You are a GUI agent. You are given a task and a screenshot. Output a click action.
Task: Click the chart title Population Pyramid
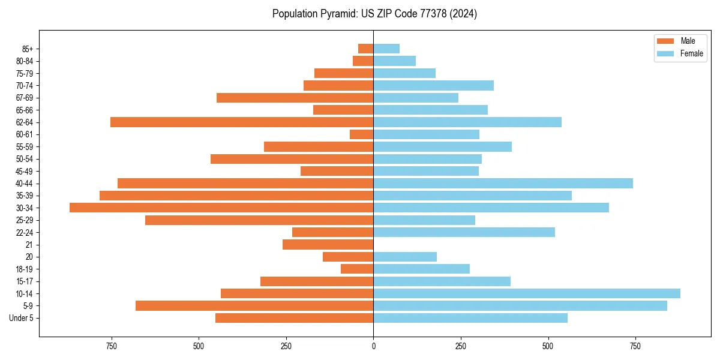click(374, 14)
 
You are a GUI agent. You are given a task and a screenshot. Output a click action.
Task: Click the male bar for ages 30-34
click(221, 208)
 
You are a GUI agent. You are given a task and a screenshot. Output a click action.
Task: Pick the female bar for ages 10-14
click(527, 293)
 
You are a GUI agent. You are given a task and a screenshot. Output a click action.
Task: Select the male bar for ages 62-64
click(242, 122)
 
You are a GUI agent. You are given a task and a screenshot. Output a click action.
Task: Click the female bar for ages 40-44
click(503, 183)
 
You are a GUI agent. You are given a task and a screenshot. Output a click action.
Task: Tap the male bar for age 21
click(328, 244)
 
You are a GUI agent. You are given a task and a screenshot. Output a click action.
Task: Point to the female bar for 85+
click(386, 49)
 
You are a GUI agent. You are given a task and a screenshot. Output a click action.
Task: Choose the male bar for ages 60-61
click(362, 134)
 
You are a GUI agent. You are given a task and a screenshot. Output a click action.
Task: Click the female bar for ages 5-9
click(520, 305)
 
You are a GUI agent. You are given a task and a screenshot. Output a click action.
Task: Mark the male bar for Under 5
click(295, 318)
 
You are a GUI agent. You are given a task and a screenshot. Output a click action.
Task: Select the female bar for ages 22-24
click(464, 232)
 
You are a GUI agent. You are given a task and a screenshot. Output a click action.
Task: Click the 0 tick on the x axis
click(373, 346)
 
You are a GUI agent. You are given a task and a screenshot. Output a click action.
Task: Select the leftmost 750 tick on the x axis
click(111, 346)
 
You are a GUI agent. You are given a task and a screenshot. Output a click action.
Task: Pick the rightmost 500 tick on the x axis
click(548, 346)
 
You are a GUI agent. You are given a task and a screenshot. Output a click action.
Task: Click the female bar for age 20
click(405, 257)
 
